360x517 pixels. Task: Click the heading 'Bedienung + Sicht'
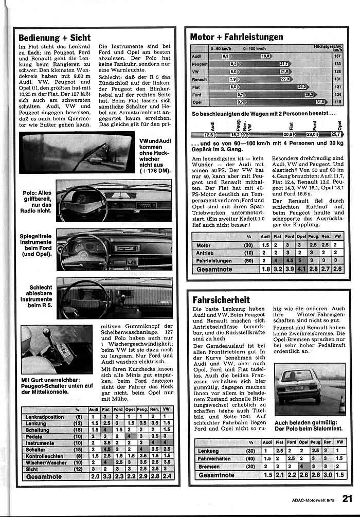[x=55, y=38]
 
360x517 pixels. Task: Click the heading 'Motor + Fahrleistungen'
[x=236, y=37]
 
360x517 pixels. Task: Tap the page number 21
[x=347, y=497]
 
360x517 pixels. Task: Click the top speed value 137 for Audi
[x=337, y=56]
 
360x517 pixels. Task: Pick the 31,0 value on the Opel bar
[x=321, y=102]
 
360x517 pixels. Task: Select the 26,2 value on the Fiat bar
[x=301, y=87]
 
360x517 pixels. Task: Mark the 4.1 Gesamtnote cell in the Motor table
[x=300, y=269]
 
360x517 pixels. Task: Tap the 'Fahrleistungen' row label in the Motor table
[x=214, y=261]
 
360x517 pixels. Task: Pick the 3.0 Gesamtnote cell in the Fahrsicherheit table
[x=327, y=475]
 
